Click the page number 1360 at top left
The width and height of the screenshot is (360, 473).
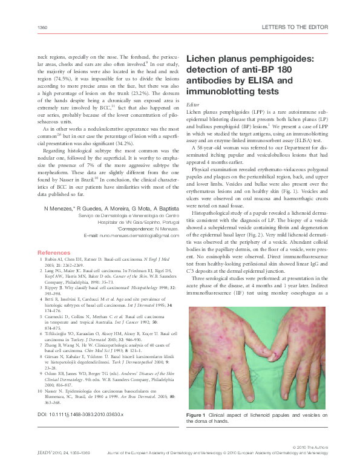(42, 28)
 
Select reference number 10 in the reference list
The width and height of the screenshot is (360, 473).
(41, 392)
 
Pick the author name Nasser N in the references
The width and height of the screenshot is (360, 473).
(58, 392)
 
